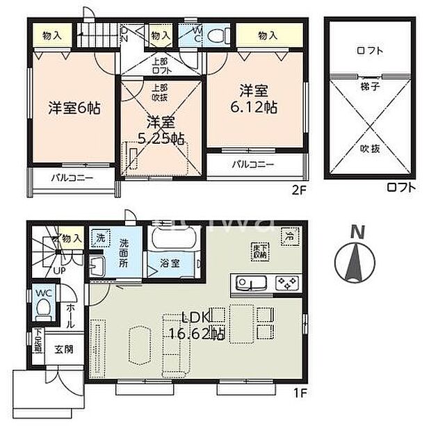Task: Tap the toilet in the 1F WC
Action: click(x=43, y=306)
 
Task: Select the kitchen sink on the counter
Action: click(x=249, y=283)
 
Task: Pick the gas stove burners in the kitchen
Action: click(x=287, y=283)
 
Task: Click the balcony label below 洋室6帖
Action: click(x=72, y=178)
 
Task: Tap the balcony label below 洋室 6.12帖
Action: click(x=252, y=165)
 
